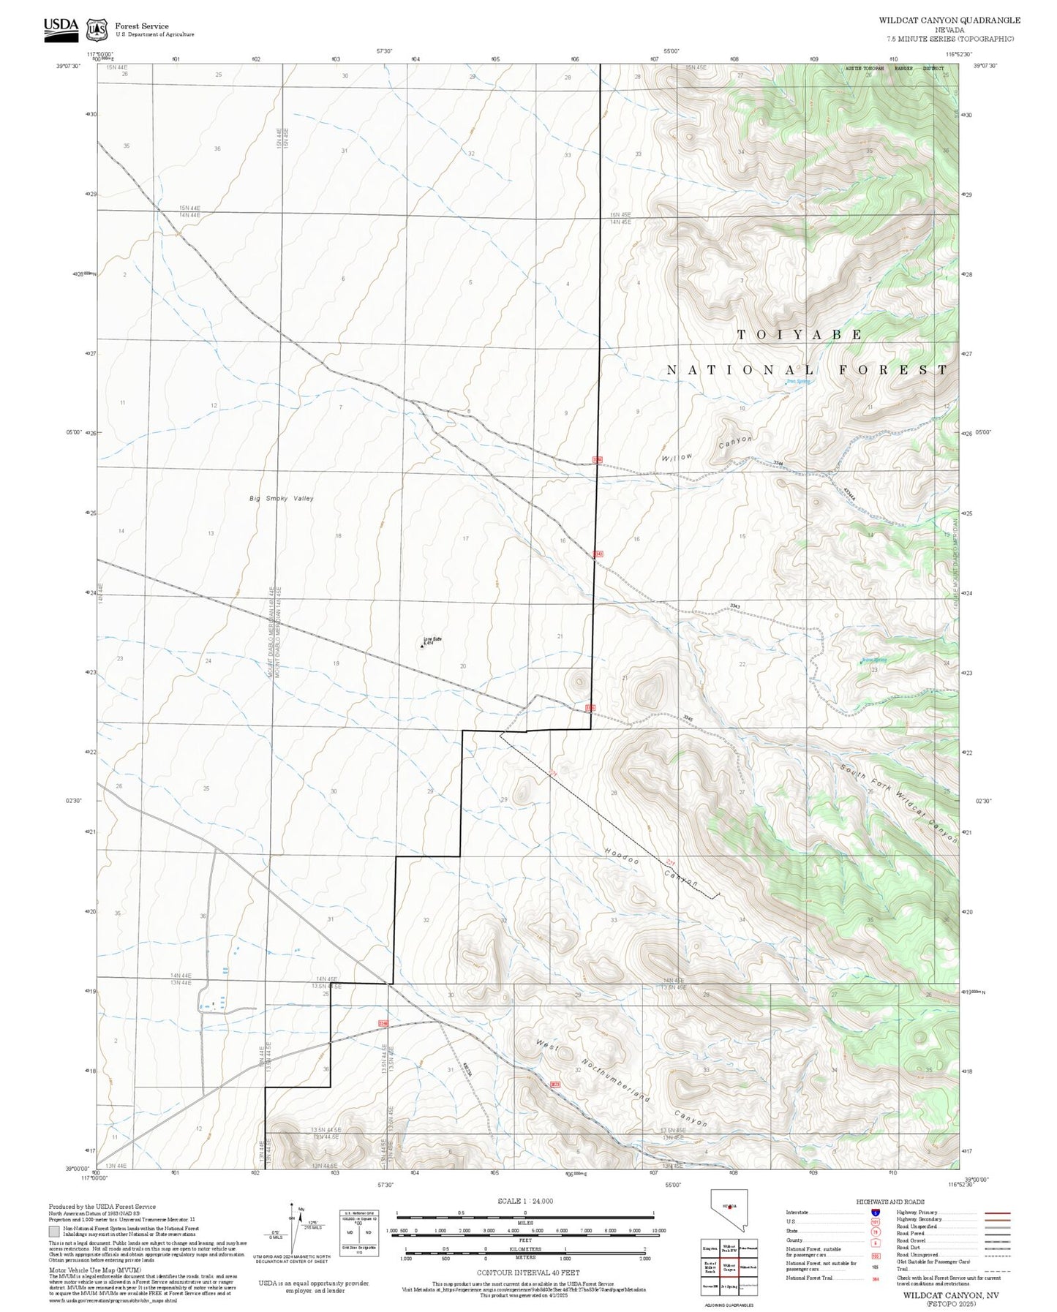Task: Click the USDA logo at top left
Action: pos(61,27)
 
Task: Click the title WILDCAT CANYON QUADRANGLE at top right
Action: pos(949,20)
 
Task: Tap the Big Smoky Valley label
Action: pos(281,498)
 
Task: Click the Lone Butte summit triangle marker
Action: pos(424,646)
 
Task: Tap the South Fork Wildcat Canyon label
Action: pos(898,804)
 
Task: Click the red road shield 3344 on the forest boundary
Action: pos(598,459)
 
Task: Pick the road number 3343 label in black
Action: pos(735,606)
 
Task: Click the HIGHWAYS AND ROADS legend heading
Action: pos(889,1202)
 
